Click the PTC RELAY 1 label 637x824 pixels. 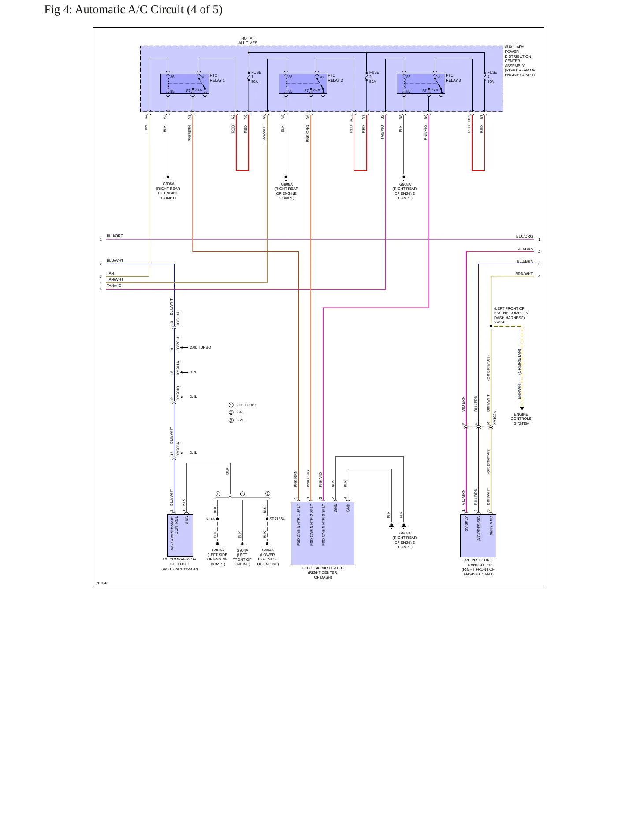[x=217, y=78]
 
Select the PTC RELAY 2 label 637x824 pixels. [x=335, y=78]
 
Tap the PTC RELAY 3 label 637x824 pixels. [x=453, y=78]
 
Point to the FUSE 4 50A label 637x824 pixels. [x=492, y=77]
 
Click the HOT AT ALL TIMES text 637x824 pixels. [x=248, y=41]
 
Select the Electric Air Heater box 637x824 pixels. [x=323, y=533]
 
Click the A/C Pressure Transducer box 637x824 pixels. [x=478, y=536]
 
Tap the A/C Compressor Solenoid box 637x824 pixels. [x=180, y=535]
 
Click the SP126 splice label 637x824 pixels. [x=499, y=322]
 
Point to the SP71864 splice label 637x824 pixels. [x=277, y=519]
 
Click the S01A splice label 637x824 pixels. [x=210, y=519]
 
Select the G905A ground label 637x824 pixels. [x=218, y=550]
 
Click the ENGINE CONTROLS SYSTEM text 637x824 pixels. [x=521, y=419]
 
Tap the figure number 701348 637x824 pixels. [x=102, y=583]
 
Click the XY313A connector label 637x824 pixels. [x=178, y=318]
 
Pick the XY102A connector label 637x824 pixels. [x=495, y=418]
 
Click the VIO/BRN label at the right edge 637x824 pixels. [x=525, y=249]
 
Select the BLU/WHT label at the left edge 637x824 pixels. [x=115, y=260]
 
